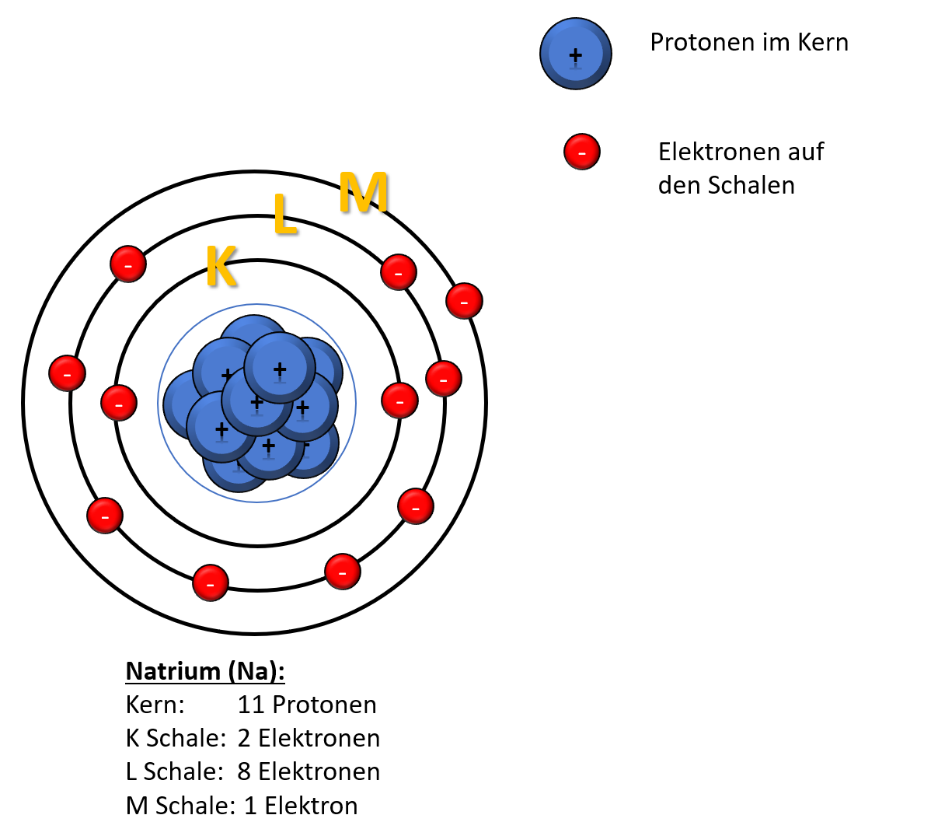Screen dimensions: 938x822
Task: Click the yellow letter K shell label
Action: [x=221, y=266]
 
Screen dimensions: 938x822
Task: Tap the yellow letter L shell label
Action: [x=285, y=213]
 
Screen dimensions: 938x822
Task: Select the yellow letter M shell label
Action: [x=364, y=192]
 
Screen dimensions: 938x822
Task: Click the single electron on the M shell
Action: [x=464, y=301]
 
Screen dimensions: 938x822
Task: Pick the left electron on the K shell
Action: [x=119, y=403]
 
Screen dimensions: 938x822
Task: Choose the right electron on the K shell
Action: [x=399, y=401]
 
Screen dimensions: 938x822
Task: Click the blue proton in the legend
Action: [x=575, y=54]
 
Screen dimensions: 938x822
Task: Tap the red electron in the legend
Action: [x=582, y=152]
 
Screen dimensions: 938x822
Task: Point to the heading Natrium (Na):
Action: [x=205, y=672]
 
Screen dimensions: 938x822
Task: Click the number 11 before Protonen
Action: [x=251, y=705]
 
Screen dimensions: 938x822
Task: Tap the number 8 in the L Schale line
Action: [x=244, y=771]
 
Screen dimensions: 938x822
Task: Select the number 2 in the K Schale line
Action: [x=244, y=739]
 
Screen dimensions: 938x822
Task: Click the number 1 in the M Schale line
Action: [x=249, y=806]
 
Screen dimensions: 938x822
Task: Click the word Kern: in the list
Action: [x=155, y=705]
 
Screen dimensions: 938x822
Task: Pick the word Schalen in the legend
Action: [x=751, y=185]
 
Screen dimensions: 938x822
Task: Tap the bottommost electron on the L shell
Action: [x=211, y=582]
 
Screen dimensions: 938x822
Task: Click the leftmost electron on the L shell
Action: [x=67, y=373]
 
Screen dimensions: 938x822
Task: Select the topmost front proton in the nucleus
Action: [x=280, y=368]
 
